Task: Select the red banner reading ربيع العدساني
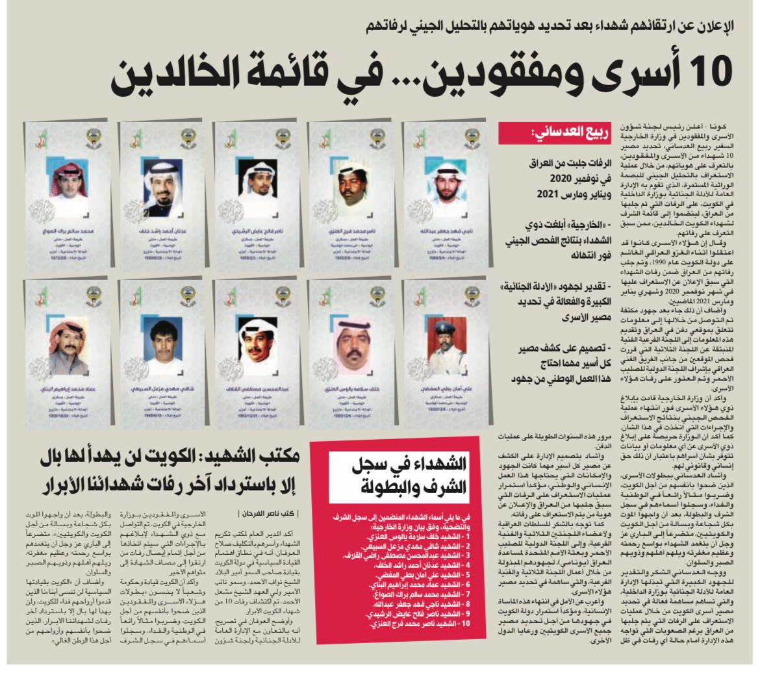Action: (556, 133)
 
